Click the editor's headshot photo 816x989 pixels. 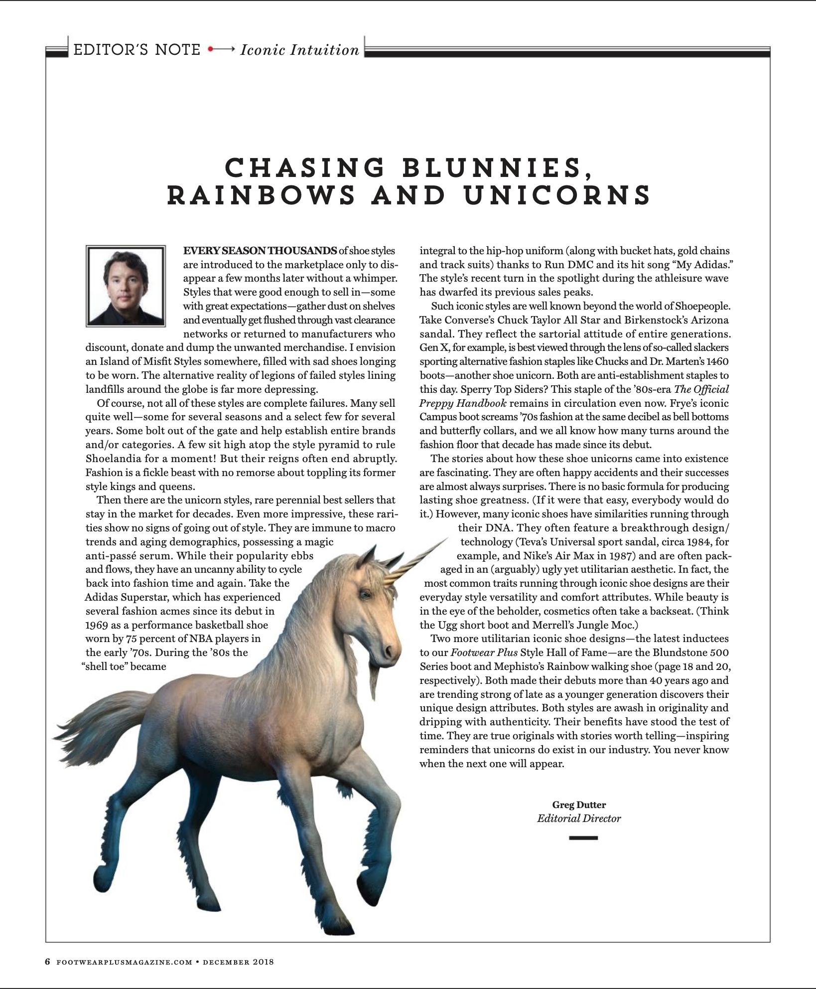pyautogui.click(x=126, y=286)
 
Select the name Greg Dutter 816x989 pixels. pyautogui.click(x=579, y=805)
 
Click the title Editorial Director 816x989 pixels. pyautogui.click(x=579, y=818)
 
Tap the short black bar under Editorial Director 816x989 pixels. pyautogui.click(x=583, y=838)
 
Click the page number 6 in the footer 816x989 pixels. pyautogui.click(x=48, y=962)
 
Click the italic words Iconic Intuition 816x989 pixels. pyautogui.click(x=299, y=50)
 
